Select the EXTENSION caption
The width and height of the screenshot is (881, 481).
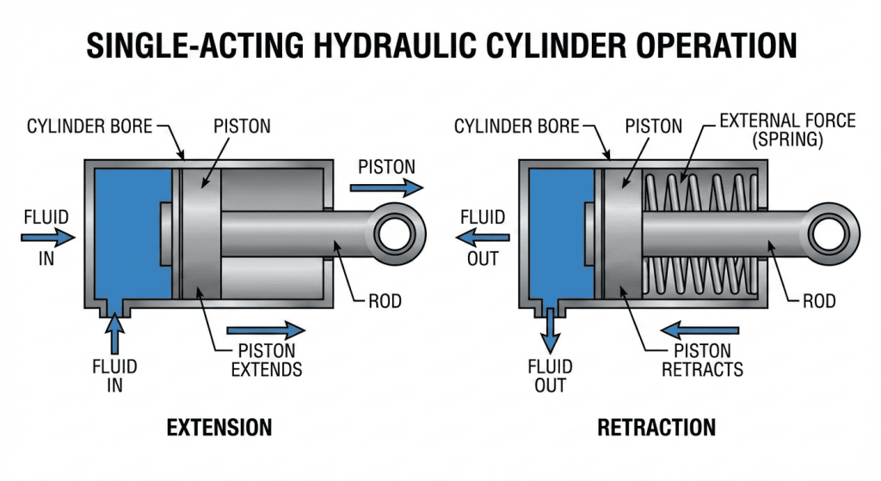219,428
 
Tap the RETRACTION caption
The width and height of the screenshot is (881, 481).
656,428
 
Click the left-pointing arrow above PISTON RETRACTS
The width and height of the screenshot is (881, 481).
700,330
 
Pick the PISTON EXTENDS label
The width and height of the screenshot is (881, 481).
267,361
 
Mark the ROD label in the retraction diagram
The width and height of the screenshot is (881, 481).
819,301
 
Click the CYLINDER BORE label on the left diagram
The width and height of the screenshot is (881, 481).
89,127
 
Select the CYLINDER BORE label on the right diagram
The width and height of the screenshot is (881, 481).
516,127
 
